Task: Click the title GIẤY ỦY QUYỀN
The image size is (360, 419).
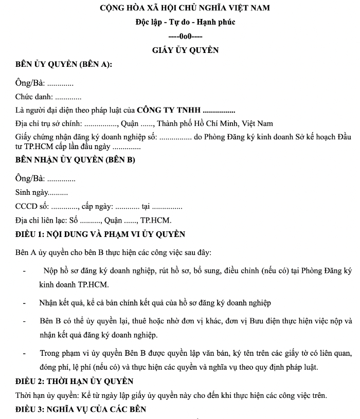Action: coord(185,50)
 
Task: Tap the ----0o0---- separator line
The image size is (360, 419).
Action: coord(185,37)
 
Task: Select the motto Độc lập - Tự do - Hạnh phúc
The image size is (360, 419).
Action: coord(185,23)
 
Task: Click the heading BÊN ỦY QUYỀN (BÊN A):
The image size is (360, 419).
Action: coord(64,65)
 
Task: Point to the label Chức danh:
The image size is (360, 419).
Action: coord(34,97)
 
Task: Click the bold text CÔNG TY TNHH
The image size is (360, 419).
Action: coord(169,110)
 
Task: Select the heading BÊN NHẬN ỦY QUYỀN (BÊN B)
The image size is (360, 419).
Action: coord(75,160)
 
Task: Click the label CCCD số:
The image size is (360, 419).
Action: coord(32,207)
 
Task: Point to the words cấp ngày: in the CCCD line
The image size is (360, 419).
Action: coord(97,207)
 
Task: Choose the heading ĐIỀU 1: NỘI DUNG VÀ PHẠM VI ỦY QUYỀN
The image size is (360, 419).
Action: coord(100,234)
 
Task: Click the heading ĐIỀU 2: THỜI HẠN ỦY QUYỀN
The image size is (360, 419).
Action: coord(74,381)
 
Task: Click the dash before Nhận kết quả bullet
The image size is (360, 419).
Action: coord(24,303)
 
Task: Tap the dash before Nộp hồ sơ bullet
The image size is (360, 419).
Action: coord(24,270)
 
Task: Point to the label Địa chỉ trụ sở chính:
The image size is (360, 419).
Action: coord(48,124)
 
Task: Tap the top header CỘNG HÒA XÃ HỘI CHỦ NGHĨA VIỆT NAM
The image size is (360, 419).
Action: coord(185,8)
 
